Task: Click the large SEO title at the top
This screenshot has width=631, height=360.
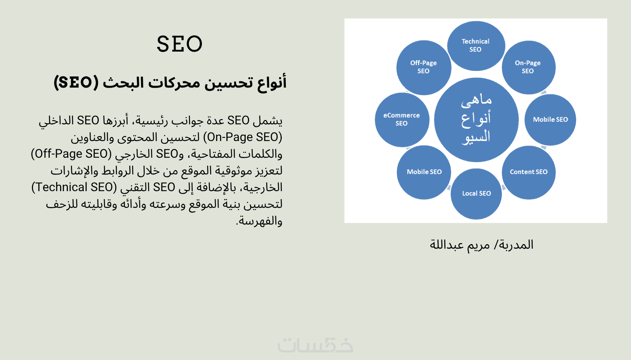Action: (180, 44)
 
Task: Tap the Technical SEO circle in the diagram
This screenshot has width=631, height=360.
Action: (476, 46)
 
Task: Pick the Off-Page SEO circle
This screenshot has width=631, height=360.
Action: (424, 67)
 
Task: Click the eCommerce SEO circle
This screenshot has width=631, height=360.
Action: (402, 120)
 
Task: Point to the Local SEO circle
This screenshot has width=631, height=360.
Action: (476, 194)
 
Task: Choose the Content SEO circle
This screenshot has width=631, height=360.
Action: (529, 172)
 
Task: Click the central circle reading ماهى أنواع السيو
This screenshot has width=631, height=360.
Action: (476, 120)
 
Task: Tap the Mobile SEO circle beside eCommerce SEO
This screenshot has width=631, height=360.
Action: (424, 172)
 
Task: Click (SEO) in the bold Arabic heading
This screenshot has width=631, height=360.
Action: (76, 82)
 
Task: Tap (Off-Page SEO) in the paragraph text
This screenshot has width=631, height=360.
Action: (71, 154)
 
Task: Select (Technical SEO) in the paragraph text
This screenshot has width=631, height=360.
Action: (74, 187)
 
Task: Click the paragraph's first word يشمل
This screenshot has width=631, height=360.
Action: (268, 121)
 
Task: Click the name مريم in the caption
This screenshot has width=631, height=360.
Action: (478, 245)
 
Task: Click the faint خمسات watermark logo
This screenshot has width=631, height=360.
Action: (315, 345)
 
